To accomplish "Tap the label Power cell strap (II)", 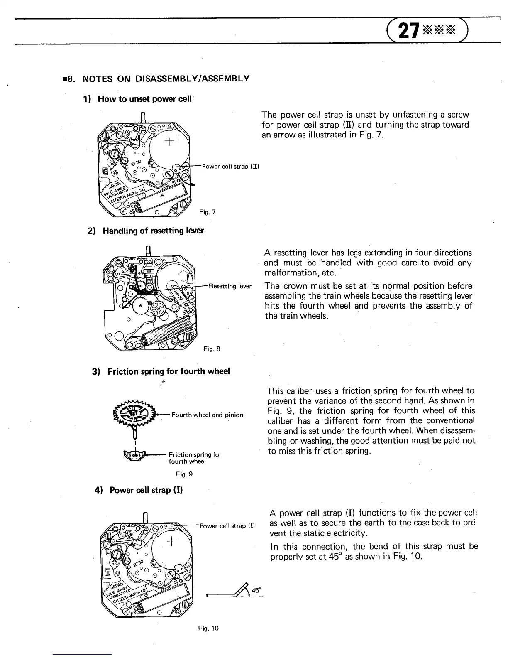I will click(230, 167).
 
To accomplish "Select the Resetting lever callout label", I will click(230, 286).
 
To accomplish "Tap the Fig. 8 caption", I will click(212, 349).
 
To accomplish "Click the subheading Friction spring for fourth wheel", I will click(168, 371).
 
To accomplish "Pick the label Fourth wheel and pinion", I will click(207, 415).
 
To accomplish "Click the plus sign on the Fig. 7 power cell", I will click(169, 143).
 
